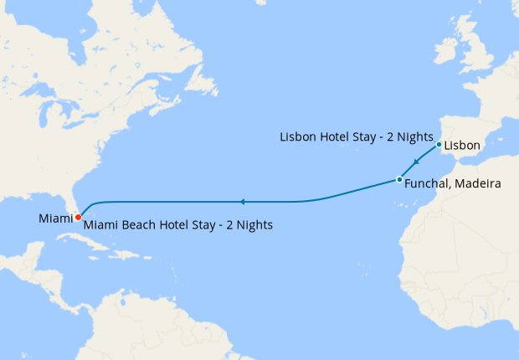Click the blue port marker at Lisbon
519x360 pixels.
tap(439, 144)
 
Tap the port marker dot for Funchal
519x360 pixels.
tap(399, 179)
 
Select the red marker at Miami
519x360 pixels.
tap(78, 217)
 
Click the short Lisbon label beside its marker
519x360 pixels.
tap(462, 146)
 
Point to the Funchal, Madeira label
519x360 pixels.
tap(452, 184)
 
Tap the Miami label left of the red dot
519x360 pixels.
tap(55, 219)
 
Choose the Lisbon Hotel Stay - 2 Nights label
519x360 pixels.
tap(356, 136)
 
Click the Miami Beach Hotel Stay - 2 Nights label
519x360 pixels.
tap(178, 225)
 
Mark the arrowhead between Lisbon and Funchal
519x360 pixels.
tap(416, 162)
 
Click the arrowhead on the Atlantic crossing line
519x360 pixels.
tap(241, 202)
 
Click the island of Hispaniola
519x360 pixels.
tap(141, 253)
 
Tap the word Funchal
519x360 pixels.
tap(426, 184)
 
